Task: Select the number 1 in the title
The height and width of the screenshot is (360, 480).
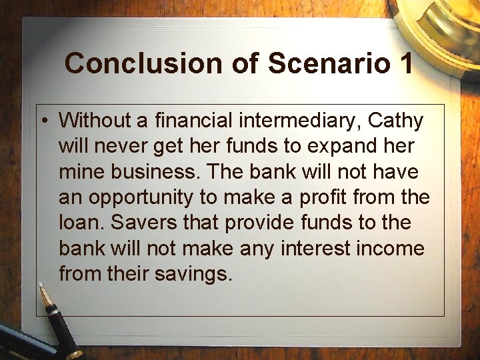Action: pos(405,63)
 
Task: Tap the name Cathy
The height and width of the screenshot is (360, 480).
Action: pos(396,121)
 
